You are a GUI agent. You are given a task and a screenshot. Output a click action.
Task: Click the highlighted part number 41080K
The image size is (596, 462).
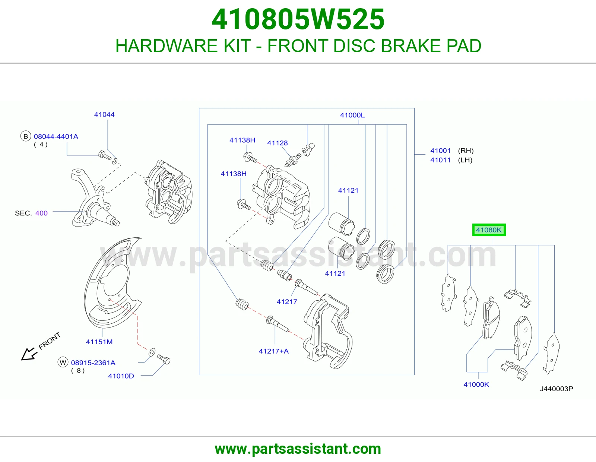click(x=488, y=230)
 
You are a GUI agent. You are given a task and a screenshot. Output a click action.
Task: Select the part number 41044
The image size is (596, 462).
click(x=104, y=114)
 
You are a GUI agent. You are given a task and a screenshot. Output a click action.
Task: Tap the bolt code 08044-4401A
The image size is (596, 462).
click(x=56, y=136)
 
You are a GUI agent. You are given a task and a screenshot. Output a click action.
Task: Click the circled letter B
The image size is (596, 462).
click(x=25, y=136)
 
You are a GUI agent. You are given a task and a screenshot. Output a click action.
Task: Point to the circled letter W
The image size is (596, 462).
click(x=63, y=363)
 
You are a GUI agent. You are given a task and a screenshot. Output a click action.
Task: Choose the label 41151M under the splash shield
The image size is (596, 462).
click(x=99, y=342)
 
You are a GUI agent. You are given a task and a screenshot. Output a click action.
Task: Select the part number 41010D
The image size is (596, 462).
click(x=121, y=376)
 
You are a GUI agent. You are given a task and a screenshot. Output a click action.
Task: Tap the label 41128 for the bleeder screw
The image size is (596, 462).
click(x=277, y=143)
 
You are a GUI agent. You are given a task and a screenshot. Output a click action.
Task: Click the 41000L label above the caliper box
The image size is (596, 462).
click(x=352, y=115)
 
